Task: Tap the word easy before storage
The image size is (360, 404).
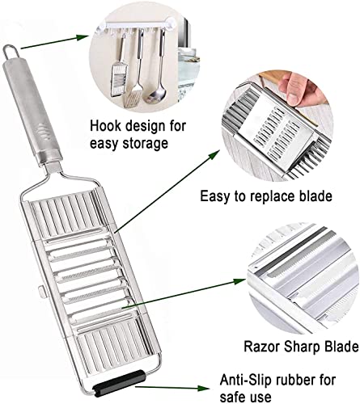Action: [104, 144]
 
